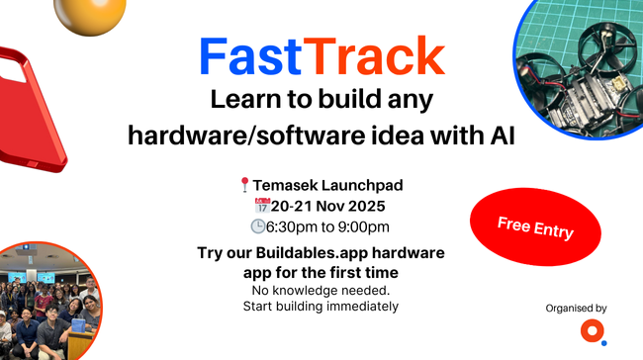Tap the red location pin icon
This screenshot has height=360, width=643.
click(244, 185)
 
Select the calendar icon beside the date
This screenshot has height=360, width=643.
click(262, 206)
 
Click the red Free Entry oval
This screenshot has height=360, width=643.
click(535, 228)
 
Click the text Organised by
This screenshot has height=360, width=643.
click(576, 308)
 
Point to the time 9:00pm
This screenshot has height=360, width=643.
click(362, 227)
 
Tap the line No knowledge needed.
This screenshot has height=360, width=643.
click(321, 290)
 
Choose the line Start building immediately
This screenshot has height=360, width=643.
click(321, 306)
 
